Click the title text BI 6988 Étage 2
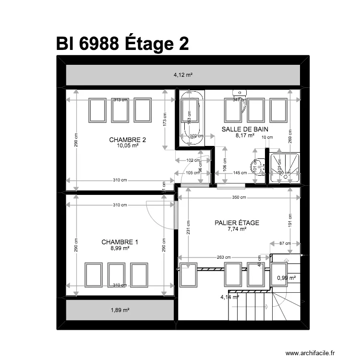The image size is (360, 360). tap(122, 44)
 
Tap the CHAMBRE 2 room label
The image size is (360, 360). tap(127, 140)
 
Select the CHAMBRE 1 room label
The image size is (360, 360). tap(120, 242)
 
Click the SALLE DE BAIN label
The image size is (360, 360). tap(244, 129)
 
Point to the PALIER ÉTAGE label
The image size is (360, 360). tap(237, 223)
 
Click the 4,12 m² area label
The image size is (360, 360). tap(183, 75)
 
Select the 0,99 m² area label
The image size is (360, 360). tap(286, 278)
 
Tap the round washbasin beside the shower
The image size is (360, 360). tap(259, 166)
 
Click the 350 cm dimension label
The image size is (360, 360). tap(239, 197)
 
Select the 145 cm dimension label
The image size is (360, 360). tap(240, 173)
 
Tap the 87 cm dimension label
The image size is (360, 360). tap(285, 243)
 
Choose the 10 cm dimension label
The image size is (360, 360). tap(267, 137)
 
